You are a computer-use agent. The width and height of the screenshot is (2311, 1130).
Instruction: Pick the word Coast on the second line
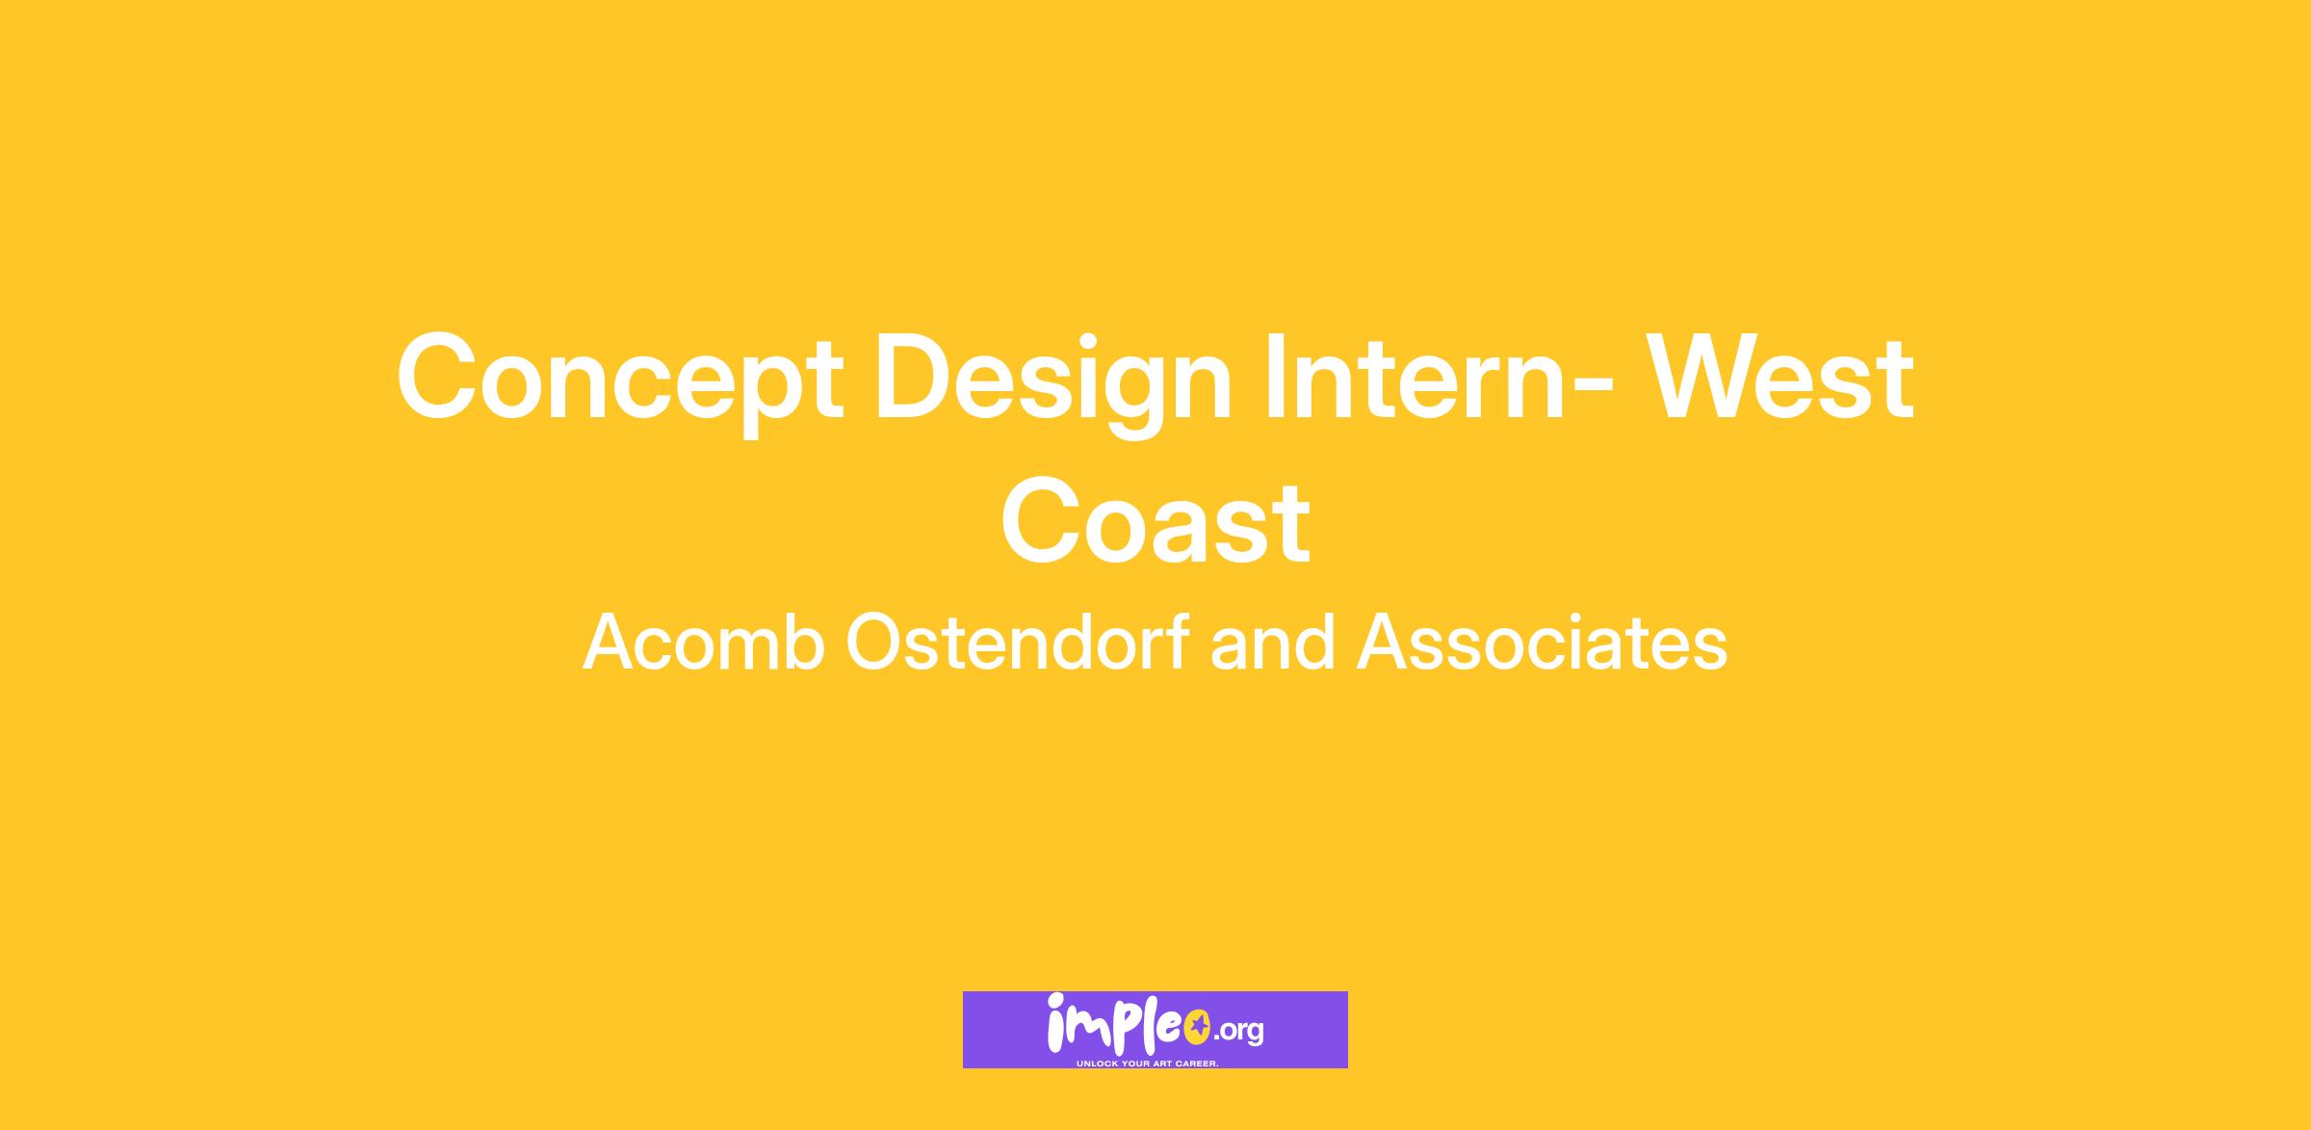click(x=1155, y=521)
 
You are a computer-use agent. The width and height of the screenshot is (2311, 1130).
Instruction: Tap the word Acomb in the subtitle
click(x=704, y=643)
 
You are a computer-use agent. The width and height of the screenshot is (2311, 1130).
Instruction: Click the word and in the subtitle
click(x=1273, y=642)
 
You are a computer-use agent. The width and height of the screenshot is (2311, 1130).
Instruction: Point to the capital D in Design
click(x=915, y=376)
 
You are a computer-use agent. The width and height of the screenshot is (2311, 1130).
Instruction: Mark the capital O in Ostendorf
click(x=877, y=642)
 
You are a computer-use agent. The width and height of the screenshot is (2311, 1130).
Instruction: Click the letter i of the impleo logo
click(x=1056, y=1024)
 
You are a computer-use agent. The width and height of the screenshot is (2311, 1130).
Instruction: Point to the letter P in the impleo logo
click(x=1125, y=1030)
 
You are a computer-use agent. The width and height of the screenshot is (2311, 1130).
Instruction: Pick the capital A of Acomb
click(x=610, y=643)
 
